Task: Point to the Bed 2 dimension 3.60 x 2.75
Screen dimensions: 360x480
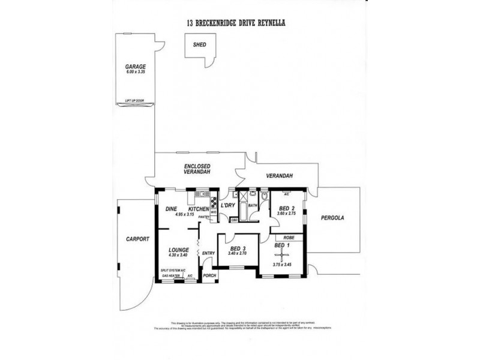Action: (286, 213)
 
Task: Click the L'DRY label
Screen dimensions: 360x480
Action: (227, 206)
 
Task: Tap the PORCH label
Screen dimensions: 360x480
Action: (209, 275)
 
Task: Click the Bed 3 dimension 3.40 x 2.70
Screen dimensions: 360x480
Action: (238, 253)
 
